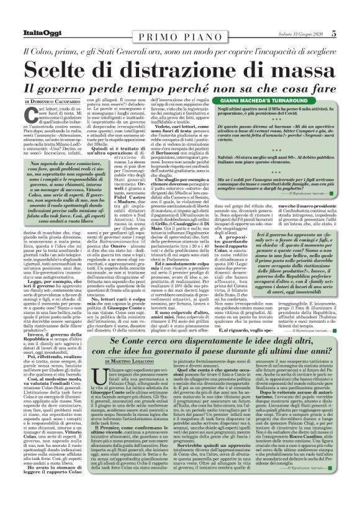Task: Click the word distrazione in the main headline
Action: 172,51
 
